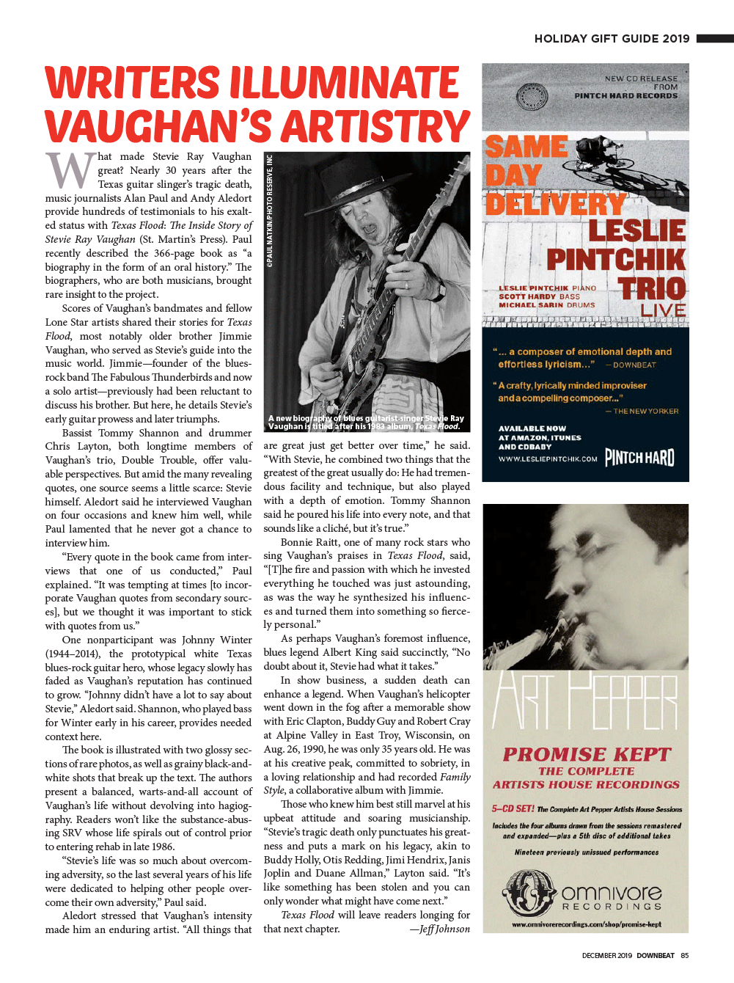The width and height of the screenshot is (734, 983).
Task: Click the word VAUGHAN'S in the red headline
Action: click(x=157, y=126)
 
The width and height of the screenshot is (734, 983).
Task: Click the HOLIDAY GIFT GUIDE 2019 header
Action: click(x=612, y=39)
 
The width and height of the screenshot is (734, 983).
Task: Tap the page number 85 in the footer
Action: click(x=685, y=955)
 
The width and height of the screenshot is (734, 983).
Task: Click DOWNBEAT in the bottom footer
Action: click(x=655, y=955)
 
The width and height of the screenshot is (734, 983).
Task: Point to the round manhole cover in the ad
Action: click(x=532, y=97)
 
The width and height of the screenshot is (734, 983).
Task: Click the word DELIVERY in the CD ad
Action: click(x=555, y=203)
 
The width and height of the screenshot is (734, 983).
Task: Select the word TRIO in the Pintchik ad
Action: click(x=651, y=288)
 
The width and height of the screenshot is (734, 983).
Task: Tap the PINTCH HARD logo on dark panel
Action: click(x=639, y=458)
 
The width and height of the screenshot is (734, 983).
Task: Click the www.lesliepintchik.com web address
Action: click(x=548, y=459)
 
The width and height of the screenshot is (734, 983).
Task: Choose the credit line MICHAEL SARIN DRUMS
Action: click(x=546, y=305)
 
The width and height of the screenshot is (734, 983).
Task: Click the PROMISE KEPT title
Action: click(x=587, y=754)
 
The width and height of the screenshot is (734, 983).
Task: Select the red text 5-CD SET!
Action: click(x=513, y=809)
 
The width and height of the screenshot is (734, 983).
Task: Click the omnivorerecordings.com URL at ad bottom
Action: click(x=586, y=924)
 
